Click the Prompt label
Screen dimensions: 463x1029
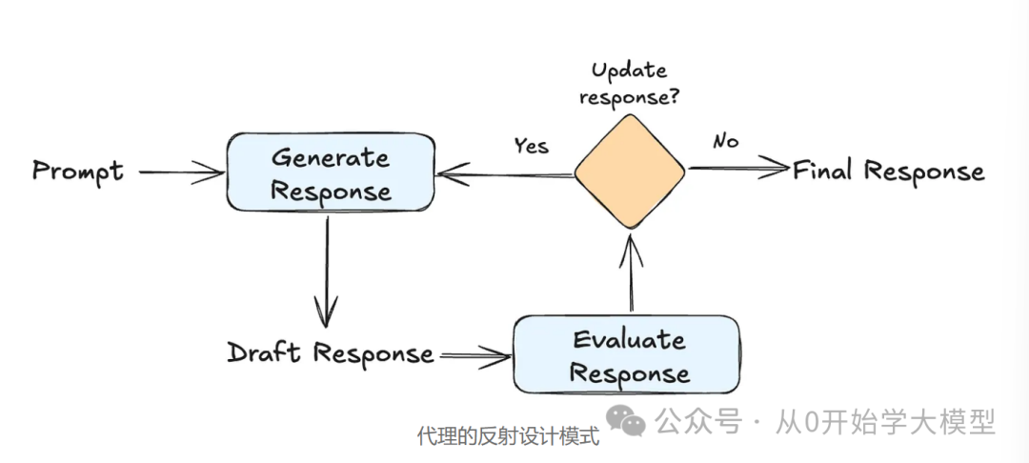(78, 171)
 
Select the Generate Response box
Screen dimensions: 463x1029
(330, 172)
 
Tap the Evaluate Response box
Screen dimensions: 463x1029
(626, 354)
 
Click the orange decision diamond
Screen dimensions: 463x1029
(629, 171)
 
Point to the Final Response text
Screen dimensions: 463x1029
(888, 171)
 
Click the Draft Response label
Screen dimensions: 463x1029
(330, 353)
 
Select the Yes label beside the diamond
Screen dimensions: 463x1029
(531, 145)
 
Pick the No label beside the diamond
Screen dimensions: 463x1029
(725, 142)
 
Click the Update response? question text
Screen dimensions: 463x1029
(629, 83)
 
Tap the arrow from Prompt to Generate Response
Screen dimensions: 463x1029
(179, 172)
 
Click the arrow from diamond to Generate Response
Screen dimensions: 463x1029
(505, 173)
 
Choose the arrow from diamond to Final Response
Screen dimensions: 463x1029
(738, 170)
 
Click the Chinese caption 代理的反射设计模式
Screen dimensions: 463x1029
(508, 437)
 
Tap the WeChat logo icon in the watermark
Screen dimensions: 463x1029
(626, 420)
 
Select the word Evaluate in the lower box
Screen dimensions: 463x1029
(628, 340)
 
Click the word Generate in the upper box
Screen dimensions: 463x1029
(330, 157)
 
